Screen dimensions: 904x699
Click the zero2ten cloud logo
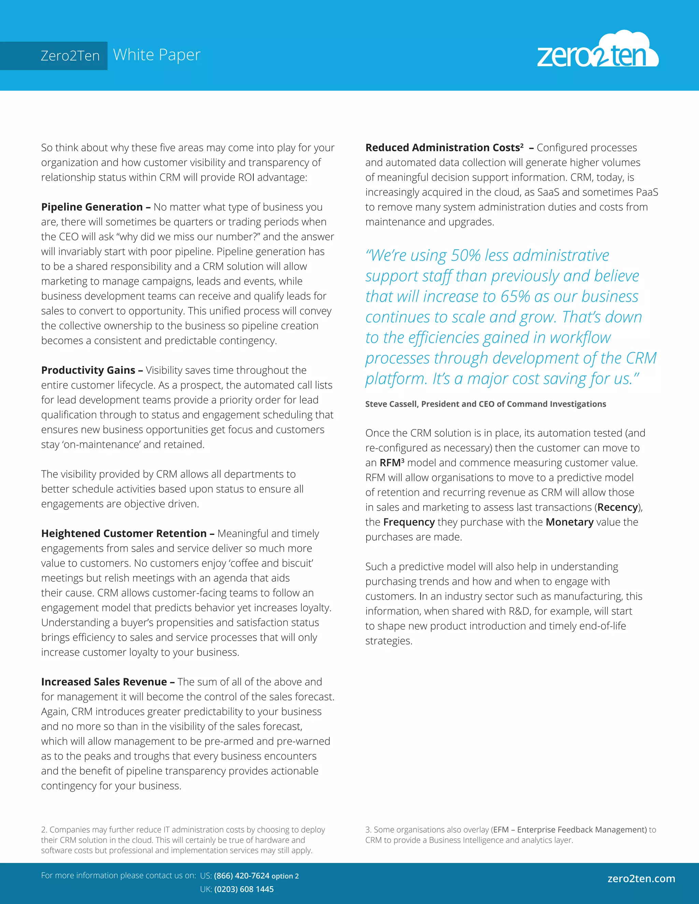(598, 52)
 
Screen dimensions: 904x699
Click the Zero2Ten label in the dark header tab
(70, 56)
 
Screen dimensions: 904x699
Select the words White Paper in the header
(157, 55)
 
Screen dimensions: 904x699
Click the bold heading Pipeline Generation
(92, 207)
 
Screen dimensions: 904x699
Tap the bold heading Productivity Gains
(88, 370)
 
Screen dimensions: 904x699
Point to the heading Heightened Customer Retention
(124, 533)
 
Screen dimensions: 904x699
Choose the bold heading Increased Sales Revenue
(104, 682)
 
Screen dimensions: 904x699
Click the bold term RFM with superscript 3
(391, 463)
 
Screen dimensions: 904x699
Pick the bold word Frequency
(409, 522)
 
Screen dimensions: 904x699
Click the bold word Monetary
(569, 522)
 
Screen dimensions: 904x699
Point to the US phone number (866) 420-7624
(241, 876)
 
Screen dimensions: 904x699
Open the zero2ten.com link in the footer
(641, 878)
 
